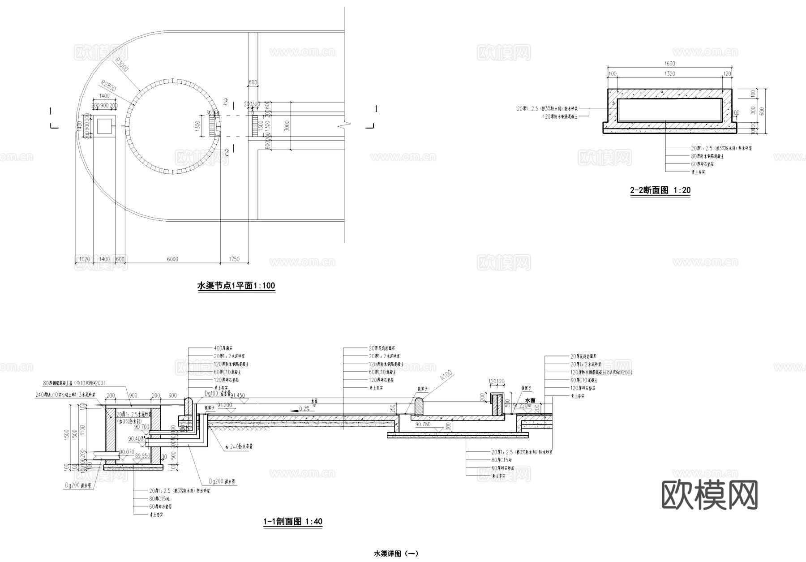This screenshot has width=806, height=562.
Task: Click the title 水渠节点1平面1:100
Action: click(236, 286)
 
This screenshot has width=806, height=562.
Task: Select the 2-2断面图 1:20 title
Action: click(660, 190)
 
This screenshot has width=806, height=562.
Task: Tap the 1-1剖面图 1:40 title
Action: click(292, 521)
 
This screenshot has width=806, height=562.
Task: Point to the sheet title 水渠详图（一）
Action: click(396, 554)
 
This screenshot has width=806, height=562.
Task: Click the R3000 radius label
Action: click(122, 64)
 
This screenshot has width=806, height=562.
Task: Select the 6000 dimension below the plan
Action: click(172, 259)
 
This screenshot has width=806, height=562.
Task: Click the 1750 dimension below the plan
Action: click(234, 259)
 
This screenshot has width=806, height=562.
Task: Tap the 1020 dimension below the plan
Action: click(84, 259)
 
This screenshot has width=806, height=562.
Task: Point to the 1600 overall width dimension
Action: click(670, 64)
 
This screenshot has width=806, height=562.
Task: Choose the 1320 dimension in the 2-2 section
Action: click(670, 74)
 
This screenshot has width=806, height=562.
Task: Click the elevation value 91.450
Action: click(237, 396)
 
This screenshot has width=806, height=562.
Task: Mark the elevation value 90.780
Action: click(423, 424)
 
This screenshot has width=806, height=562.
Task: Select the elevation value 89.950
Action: click(143, 455)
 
